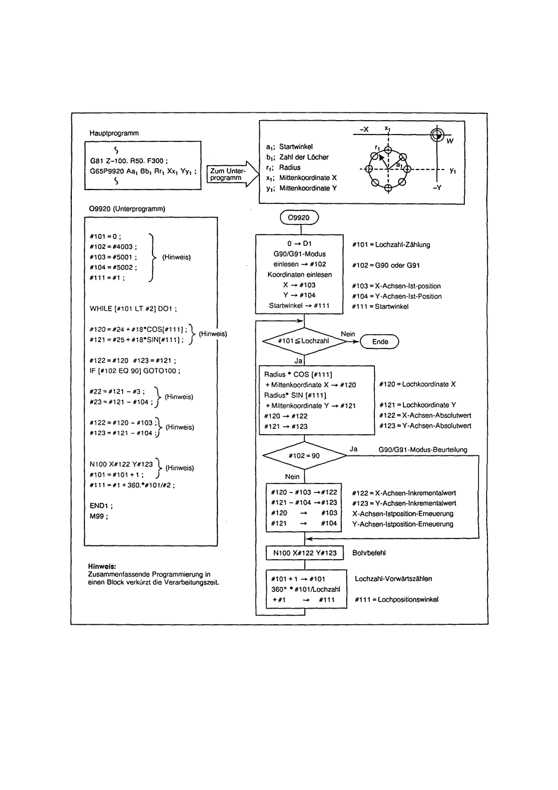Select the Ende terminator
[x=381, y=342]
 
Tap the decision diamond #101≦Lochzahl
[x=304, y=342]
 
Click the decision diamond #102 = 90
[x=304, y=455]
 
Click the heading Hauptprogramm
[x=114, y=134]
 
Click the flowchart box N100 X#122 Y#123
[x=304, y=553]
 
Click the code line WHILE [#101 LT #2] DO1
[x=134, y=308]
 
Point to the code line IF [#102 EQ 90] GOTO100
[x=135, y=371]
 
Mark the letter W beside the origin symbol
[x=449, y=141]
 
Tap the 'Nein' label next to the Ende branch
[x=348, y=333]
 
